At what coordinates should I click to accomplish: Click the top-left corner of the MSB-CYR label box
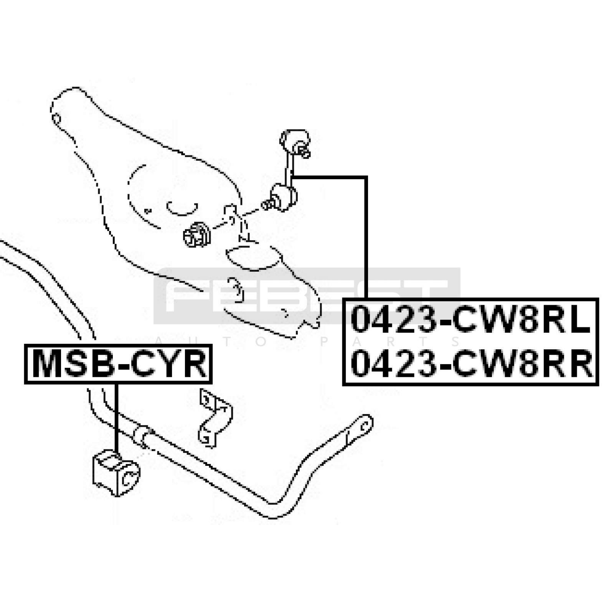pos(25,345)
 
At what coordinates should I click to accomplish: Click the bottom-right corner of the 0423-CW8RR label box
pos(598,385)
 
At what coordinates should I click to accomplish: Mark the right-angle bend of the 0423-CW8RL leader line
pos(366,177)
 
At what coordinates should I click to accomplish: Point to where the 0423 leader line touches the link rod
pos(292,177)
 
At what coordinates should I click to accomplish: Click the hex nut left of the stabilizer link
pos(196,235)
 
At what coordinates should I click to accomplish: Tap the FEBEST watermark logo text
pos(307,295)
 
